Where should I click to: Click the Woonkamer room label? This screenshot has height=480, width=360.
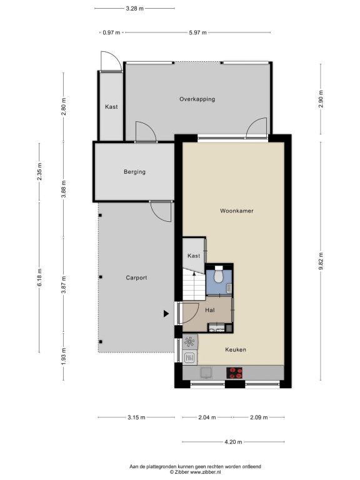[237, 211]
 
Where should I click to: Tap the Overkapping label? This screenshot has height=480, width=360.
[197, 99]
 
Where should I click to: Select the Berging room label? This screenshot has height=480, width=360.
[134, 172]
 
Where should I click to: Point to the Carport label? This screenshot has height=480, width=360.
[136, 277]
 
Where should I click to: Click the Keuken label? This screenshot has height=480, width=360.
[236, 349]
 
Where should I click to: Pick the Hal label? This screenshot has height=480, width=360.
[210, 310]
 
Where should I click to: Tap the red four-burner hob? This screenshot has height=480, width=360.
[234, 373]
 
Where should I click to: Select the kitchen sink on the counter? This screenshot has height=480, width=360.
[206, 373]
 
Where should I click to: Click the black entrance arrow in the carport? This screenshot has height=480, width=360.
[166, 314]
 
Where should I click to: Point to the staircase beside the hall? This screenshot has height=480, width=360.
[194, 285]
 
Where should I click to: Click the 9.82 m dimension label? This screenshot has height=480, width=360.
[321, 261]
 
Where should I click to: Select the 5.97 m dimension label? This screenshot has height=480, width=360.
[197, 32]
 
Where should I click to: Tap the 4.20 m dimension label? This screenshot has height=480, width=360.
[233, 442]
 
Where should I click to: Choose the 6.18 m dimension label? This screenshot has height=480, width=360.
[39, 277]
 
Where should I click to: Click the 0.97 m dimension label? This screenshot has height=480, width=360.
[111, 32]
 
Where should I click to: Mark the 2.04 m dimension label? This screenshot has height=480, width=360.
[207, 417]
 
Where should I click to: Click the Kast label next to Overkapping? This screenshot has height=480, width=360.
[111, 107]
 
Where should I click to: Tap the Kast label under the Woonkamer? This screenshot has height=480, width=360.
[194, 256]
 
